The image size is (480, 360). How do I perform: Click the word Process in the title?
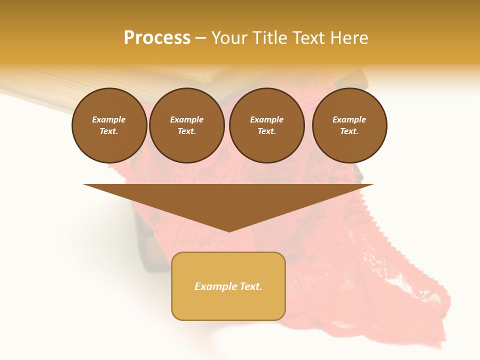point(157,38)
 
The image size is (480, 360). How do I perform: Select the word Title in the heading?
point(269,38)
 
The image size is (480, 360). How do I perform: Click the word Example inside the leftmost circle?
point(109,119)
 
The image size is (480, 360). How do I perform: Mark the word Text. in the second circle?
point(187,131)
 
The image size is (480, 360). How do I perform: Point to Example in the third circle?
point(267,119)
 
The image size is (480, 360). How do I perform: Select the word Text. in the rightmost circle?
point(349,131)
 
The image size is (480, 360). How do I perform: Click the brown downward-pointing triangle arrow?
point(228,200)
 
